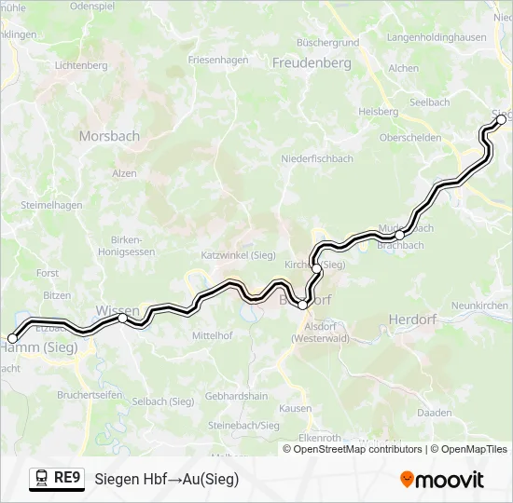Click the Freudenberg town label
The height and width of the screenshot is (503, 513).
pos(311,63)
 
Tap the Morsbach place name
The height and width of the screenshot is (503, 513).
pos(109,136)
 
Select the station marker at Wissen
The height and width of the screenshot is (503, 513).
pos(123,319)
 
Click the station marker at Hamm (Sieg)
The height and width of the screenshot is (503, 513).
pos(12,339)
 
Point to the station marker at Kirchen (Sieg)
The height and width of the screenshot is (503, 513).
pos(317,268)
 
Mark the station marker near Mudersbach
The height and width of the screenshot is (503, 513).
pos(399,235)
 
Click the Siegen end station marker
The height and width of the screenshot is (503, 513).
pos(501,119)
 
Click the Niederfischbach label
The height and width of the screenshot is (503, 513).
pos(317,159)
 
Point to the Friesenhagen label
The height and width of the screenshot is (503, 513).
pos(218,60)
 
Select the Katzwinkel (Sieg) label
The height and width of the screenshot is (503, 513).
pos(238,254)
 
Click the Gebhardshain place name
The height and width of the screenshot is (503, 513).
pos(236,396)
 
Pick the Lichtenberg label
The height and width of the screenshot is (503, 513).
pos(82,66)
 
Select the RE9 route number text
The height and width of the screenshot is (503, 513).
pos(68,479)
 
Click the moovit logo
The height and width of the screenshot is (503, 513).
pos(442,480)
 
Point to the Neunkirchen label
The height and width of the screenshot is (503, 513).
pos(480,306)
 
